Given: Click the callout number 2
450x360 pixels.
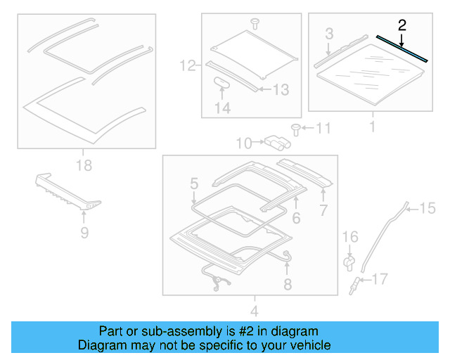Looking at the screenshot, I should click(x=401, y=26).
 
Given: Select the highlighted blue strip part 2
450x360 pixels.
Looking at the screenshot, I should click(x=402, y=49).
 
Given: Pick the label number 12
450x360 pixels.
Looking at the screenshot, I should click(x=186, y=66).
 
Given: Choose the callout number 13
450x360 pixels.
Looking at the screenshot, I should click(x=280, y=89).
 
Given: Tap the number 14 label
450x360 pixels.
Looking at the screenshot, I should click(x=222, y=108).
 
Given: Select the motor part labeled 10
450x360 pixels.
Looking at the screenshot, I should click(x=276, y=143).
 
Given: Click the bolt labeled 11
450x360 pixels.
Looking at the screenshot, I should click(x=296, y=129).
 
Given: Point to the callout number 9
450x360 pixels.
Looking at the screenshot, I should click(x=84, y=231).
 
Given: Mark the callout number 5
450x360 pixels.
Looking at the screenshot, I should click(x=193, y=185).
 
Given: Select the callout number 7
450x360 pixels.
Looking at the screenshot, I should click(x=323, y=210).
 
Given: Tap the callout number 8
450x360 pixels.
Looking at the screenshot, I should click(x=287, y=285).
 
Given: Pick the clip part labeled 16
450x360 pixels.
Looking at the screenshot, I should click(x=349, y=262).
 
